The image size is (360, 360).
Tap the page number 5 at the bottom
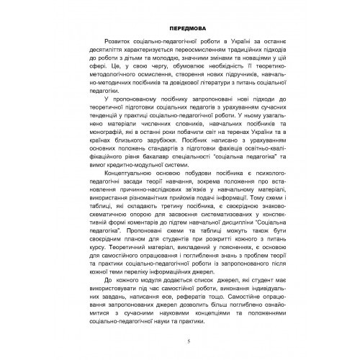[x=187, y=341]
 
